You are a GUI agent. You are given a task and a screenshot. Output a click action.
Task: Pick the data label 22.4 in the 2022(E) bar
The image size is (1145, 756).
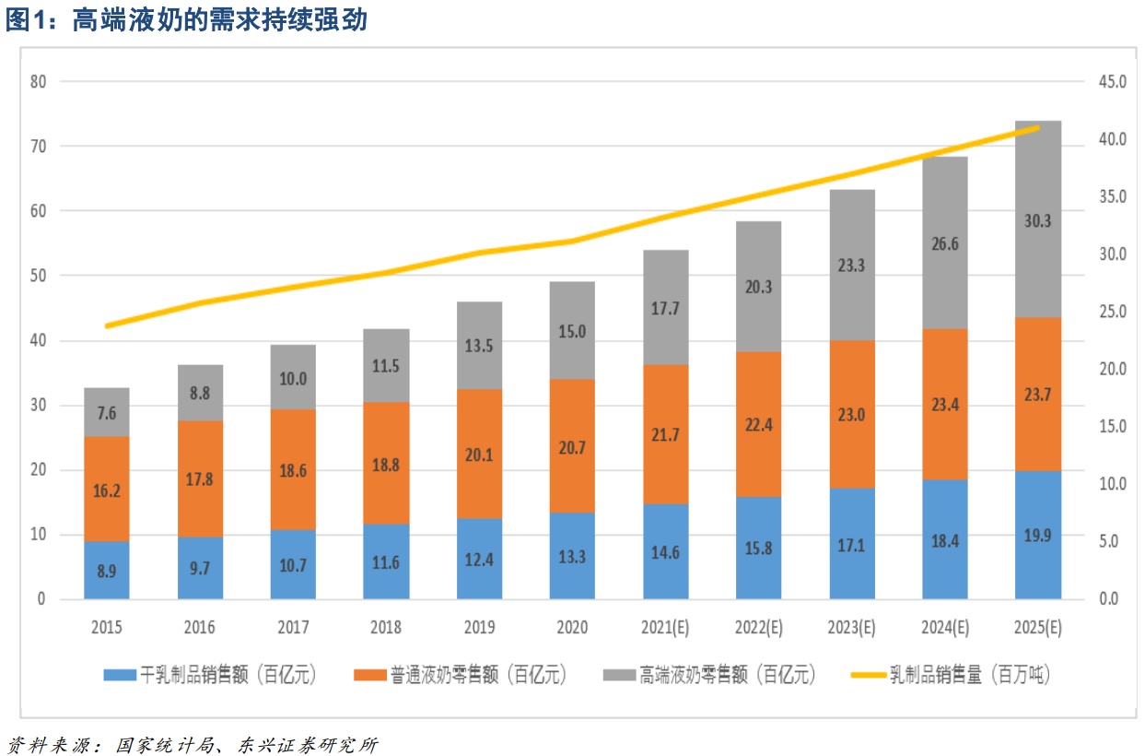[x=758, y=423]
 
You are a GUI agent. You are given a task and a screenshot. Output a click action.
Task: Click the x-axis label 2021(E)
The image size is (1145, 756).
[x=665, y=628]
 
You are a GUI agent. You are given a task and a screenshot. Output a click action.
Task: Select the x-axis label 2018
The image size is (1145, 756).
[x=386, y=628]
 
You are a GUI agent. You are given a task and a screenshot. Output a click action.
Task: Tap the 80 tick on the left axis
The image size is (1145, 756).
[x=38, y=81]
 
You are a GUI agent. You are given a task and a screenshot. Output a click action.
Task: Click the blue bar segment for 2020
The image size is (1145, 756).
[x=572, y=556]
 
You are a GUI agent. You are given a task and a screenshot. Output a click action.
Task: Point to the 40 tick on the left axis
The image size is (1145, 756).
[x=38, y=341]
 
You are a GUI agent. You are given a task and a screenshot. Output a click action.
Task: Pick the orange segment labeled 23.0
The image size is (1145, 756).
[x=851, y=414]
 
